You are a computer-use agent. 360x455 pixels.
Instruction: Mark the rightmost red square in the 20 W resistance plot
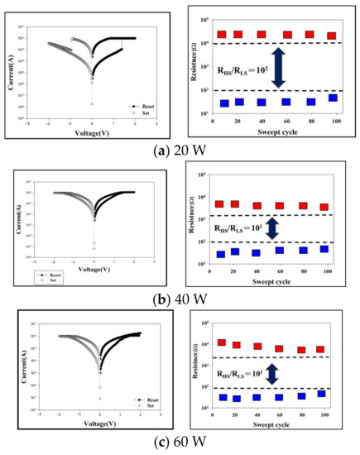[x=332, y=36]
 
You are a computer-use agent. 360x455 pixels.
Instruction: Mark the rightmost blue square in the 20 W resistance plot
[x=332, y=98]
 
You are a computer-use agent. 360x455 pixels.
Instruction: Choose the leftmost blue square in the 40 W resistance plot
[x=220, y=254]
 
